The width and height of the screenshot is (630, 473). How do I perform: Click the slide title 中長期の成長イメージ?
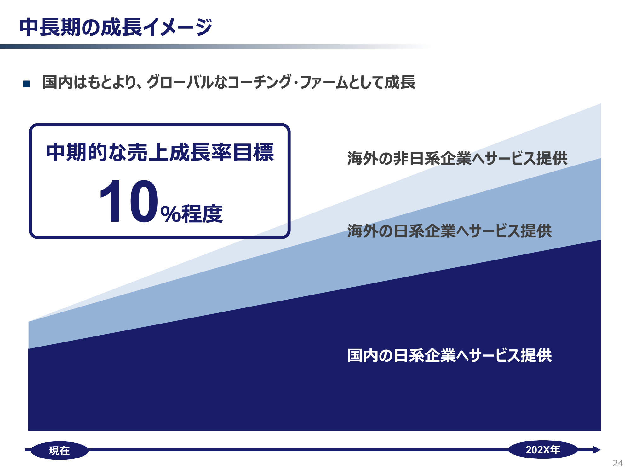tap(116, 27)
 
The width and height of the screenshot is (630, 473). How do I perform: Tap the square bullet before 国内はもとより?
tap(27, 84)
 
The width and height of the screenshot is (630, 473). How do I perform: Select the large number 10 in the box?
tap(128, 201)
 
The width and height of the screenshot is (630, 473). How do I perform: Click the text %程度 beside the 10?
tap(192, 214)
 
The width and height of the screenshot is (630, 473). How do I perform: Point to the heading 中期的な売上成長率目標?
tap(160, 152)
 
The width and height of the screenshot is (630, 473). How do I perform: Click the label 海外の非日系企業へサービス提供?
tap(457, 158)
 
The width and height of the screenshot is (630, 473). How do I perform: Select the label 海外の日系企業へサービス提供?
tap(450, 231)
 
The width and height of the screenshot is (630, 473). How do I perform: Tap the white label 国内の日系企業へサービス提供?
tap(450, 355)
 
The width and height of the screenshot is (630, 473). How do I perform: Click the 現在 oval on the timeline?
tap(60, 451)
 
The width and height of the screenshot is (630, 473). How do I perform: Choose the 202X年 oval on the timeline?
tap(543, 450)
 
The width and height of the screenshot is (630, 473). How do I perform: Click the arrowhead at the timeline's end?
tap(597, 450)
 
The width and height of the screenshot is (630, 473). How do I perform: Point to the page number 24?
tap(618, 463)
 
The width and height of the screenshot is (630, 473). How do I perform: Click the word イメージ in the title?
tap(178, 27)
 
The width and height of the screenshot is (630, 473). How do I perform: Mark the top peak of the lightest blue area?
tap(601, 104)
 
